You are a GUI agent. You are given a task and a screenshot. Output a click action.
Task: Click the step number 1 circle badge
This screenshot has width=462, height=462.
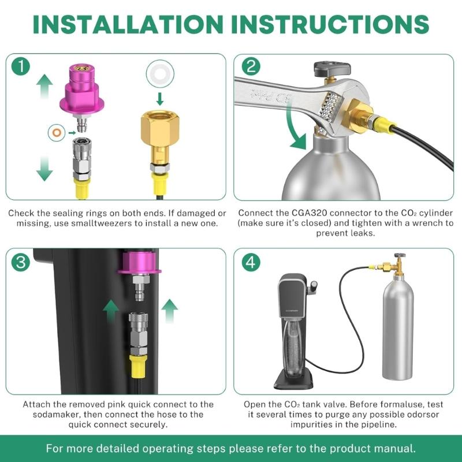point(21,67)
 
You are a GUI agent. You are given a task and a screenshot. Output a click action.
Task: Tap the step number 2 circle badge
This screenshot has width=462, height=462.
point(250,67)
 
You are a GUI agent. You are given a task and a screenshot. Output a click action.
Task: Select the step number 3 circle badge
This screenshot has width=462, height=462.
point(21,263)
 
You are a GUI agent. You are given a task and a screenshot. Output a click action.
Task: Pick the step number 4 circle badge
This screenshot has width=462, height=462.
point(250,263)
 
